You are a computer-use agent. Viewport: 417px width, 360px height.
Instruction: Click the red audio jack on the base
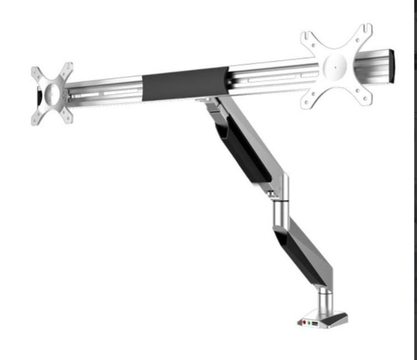coord(304,323)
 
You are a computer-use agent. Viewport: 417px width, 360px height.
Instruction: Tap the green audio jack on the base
coord(311,323)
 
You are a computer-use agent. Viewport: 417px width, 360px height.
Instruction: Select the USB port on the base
coord(317,324)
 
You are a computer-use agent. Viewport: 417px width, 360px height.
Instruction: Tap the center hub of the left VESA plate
coord(52,94)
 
